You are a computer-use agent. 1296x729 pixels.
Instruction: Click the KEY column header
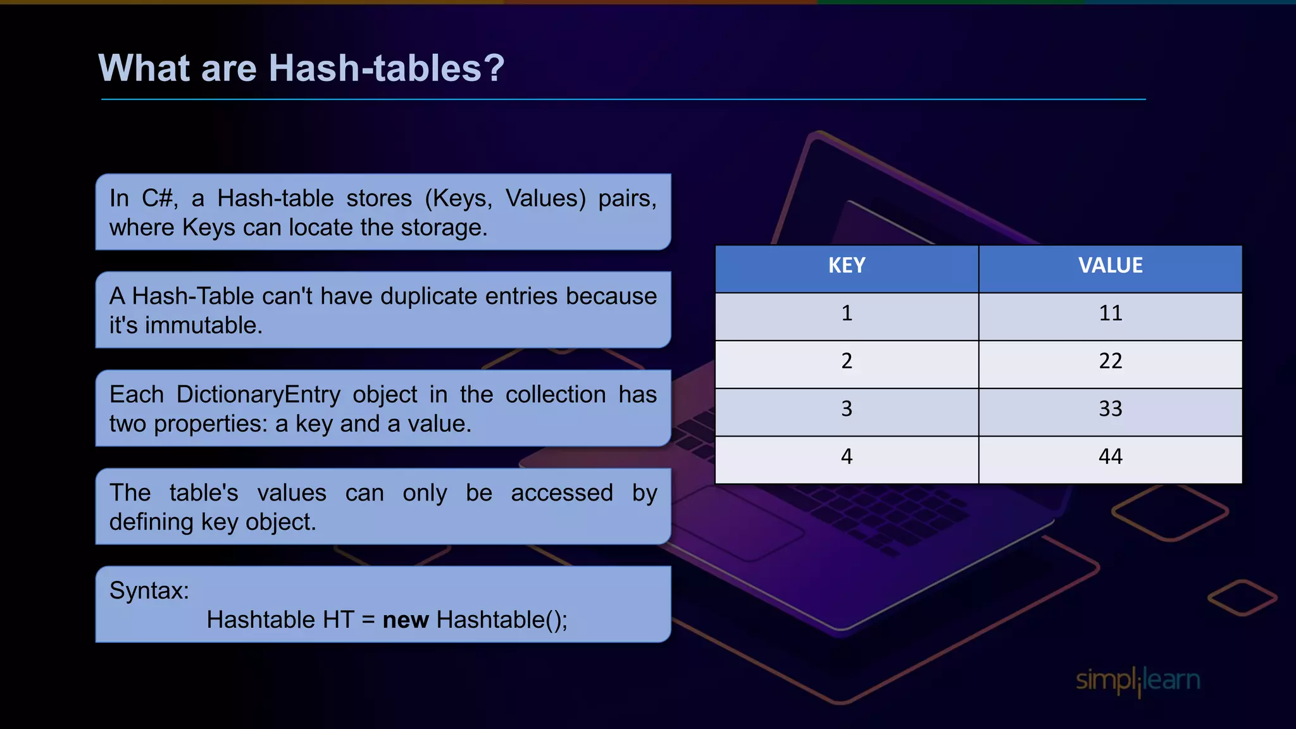[847, 266]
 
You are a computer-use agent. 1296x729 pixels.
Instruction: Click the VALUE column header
[1110, 266]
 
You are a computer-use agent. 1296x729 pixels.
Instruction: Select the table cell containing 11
[1110, 313]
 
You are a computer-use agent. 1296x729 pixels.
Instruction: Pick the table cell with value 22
[1110, 361]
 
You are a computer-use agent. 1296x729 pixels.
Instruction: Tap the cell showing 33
[1110, 409]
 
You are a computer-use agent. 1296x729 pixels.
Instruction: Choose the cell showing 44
[1110, 457]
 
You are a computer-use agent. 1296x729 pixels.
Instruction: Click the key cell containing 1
[847, 313]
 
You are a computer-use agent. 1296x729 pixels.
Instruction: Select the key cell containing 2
[847, 361]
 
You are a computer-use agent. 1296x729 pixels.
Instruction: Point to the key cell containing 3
[847, 409]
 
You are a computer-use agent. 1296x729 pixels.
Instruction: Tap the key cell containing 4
[847, 457]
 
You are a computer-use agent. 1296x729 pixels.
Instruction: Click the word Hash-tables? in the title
[387, 68]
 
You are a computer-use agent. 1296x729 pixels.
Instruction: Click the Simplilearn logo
[1138, 681]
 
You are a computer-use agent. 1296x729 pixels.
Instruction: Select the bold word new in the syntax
[406, 620]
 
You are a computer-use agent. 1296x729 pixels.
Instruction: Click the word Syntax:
[149, 591]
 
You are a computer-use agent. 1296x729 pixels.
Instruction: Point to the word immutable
[204, 325]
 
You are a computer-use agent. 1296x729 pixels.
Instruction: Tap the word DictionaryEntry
[258, 395]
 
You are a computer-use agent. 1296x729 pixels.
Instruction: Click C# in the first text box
[157, 199]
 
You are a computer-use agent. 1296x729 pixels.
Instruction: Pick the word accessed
[562, 493]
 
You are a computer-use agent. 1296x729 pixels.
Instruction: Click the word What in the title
[144, 68]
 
